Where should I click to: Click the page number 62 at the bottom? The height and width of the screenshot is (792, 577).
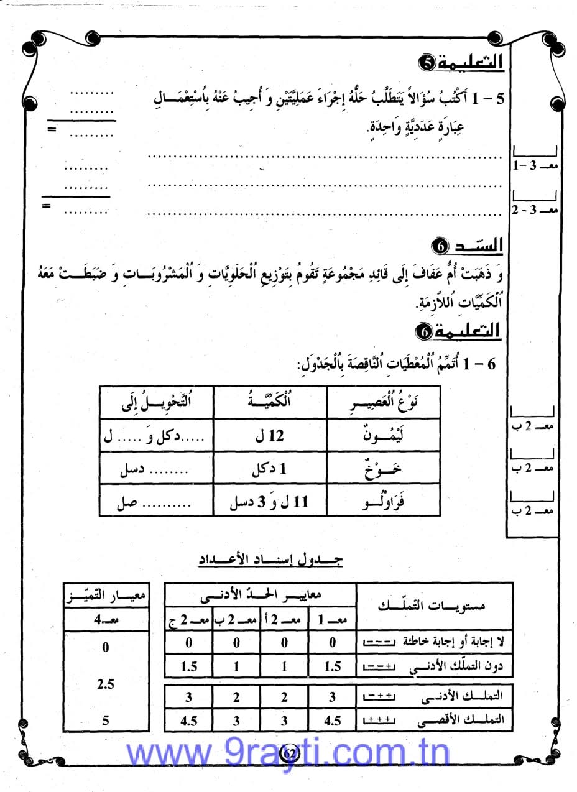[290, 753]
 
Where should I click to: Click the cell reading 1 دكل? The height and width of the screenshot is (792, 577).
[270, 469]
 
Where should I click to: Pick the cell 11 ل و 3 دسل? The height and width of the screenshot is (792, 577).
[270, 502]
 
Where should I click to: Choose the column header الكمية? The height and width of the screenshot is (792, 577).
[270, 402]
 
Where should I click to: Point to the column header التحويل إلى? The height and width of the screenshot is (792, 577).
[157, 402]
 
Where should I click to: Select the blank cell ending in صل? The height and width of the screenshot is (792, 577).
[157, 502]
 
